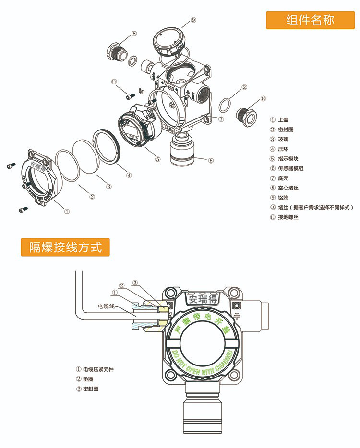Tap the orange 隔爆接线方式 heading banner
(65, 248)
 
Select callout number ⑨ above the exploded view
(193, 20)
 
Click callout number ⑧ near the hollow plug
(134, 33)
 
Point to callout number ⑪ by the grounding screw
(114, 82)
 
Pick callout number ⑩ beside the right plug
(263, 99)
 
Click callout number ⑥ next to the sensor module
(211, 160)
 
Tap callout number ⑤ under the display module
(158, 159)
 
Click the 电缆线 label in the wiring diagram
(107, 306)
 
